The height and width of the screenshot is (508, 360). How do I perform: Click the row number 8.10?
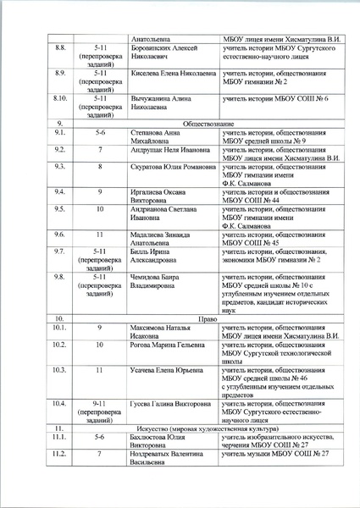(x=60, y=99)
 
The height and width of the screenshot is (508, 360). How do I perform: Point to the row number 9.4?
(x=60, y=192)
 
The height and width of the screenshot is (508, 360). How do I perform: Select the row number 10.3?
(x=60, y=370)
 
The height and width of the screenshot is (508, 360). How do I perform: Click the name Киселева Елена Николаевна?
(x=173, y=75)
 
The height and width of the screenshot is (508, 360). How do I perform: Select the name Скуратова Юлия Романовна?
(x=173, y=167)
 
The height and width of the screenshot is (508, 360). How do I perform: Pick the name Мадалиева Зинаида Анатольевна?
(x=163, y=235)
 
